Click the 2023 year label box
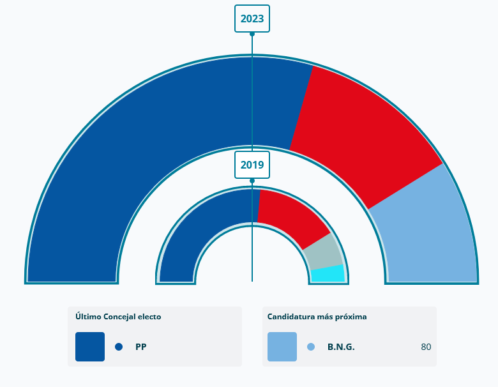(x=252, y=19)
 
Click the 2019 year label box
(x=252, y=165)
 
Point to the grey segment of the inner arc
(x=322, y=252)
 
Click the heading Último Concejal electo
(x=118, y=317)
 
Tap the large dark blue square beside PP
(x=90, y=347)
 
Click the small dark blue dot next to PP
(x=119, y=347)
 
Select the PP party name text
(x=141, y=347)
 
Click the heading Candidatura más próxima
(x=317, y=317)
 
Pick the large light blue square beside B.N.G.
(x=282, y=347)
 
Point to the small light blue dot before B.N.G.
(x=311, y=347)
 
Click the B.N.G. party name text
(x=341, y=347)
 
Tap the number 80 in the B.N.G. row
(x=426, y=347)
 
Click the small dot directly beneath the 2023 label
(x=252, y=34)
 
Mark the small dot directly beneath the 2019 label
(x=252, y=181)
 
